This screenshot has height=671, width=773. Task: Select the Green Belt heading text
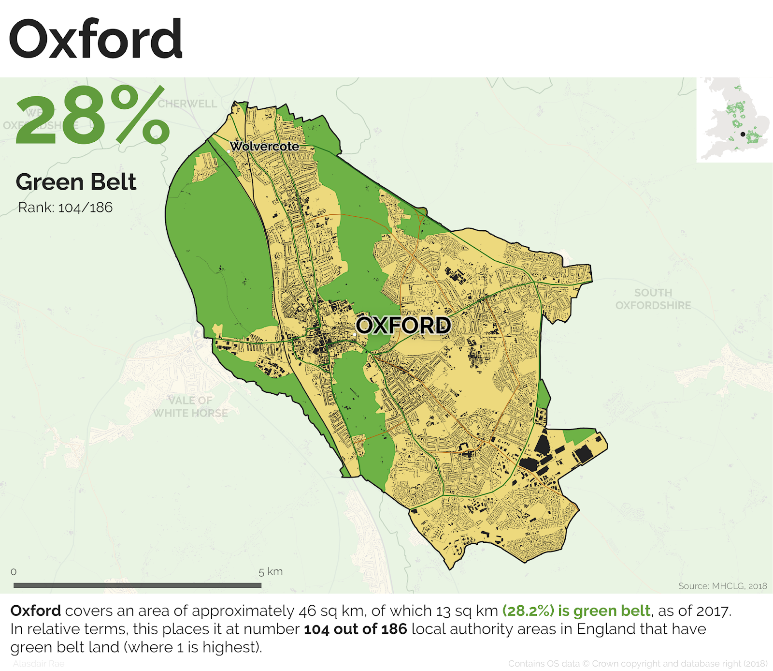[x=76, y=182]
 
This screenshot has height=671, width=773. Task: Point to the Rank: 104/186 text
[x=65, y=208]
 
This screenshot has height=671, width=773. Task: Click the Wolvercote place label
[x=264, y=146]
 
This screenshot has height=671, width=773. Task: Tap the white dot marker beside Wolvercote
[x=229, y=151]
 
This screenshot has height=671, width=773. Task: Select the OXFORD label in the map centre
[x=403, y=325]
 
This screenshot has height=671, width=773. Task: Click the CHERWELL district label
[x=187, y=104]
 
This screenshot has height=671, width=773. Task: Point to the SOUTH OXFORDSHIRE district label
[x=653, y=299]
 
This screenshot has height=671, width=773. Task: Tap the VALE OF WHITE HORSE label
[x=190, y=407]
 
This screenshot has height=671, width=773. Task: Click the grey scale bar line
[x=137, y=585]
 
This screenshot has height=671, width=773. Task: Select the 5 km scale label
[x=270, y=572]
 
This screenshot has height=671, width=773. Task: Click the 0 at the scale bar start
[x=14, y=572]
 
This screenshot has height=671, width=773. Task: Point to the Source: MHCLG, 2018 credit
[x=722, y=586]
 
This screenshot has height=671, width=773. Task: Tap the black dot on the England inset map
[x=743, y=134]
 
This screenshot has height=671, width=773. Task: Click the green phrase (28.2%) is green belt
[x=576, y=611]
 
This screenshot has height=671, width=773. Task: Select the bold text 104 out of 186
[x=355, y=629]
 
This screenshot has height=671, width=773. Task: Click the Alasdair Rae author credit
[x=39, y=664]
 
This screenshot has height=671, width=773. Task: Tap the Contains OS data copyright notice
[x=638, y=664]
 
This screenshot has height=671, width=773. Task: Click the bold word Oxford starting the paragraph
[x=36, y=611]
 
